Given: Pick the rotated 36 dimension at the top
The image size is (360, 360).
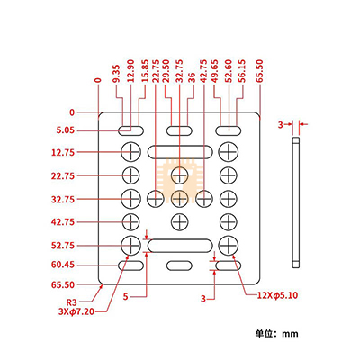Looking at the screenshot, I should [x=190, y=92].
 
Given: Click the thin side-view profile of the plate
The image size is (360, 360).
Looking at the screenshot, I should [x=295, y=202].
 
